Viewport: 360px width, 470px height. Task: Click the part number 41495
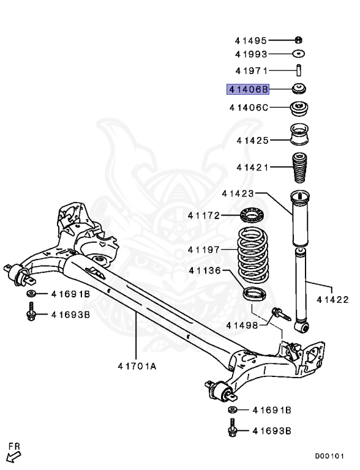click(x=250, y=41)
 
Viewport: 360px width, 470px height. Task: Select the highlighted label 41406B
click(x=248, y=89)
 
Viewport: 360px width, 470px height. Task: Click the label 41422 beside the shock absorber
click(x=332, y=300)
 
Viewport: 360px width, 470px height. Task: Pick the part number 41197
click(x=203, y=250)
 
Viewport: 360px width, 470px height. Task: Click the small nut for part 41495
click(x=298, y=40)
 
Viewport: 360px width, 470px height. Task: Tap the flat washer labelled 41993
click(x=298, y=54)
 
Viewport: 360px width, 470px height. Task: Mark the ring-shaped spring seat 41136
click(x=255, y=293)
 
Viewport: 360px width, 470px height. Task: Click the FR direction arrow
click(x=12, y=454)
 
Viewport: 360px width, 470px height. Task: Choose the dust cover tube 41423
click(x=298, y=226)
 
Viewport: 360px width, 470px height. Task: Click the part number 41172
click(x=203, y=215)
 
